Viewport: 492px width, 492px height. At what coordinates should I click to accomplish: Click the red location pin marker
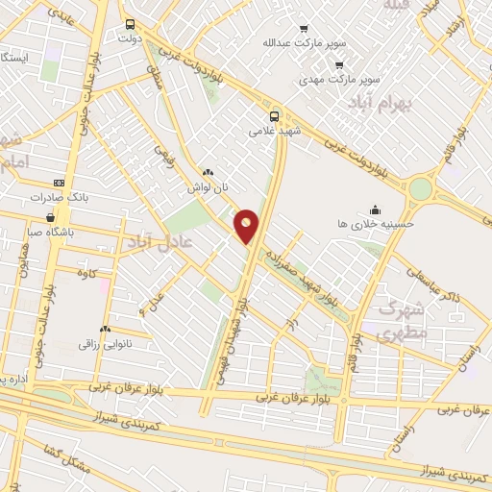(247, 226)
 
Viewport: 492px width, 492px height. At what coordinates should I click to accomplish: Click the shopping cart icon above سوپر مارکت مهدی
(339, 64)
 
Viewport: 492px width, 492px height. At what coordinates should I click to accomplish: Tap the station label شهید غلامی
(274, 131)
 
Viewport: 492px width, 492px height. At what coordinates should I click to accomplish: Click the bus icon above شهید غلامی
(276, 114)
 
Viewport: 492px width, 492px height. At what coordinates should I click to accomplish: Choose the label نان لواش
(208, 188)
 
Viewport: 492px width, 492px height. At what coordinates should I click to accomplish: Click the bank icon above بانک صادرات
(59, 182)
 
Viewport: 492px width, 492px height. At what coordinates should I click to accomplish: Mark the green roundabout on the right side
(421, 188)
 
